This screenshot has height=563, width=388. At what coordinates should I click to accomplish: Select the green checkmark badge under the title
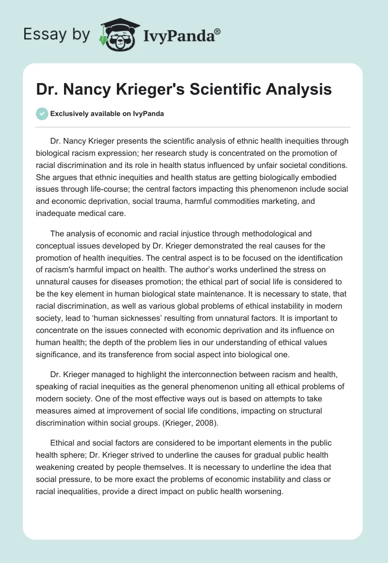coord(42,114)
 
